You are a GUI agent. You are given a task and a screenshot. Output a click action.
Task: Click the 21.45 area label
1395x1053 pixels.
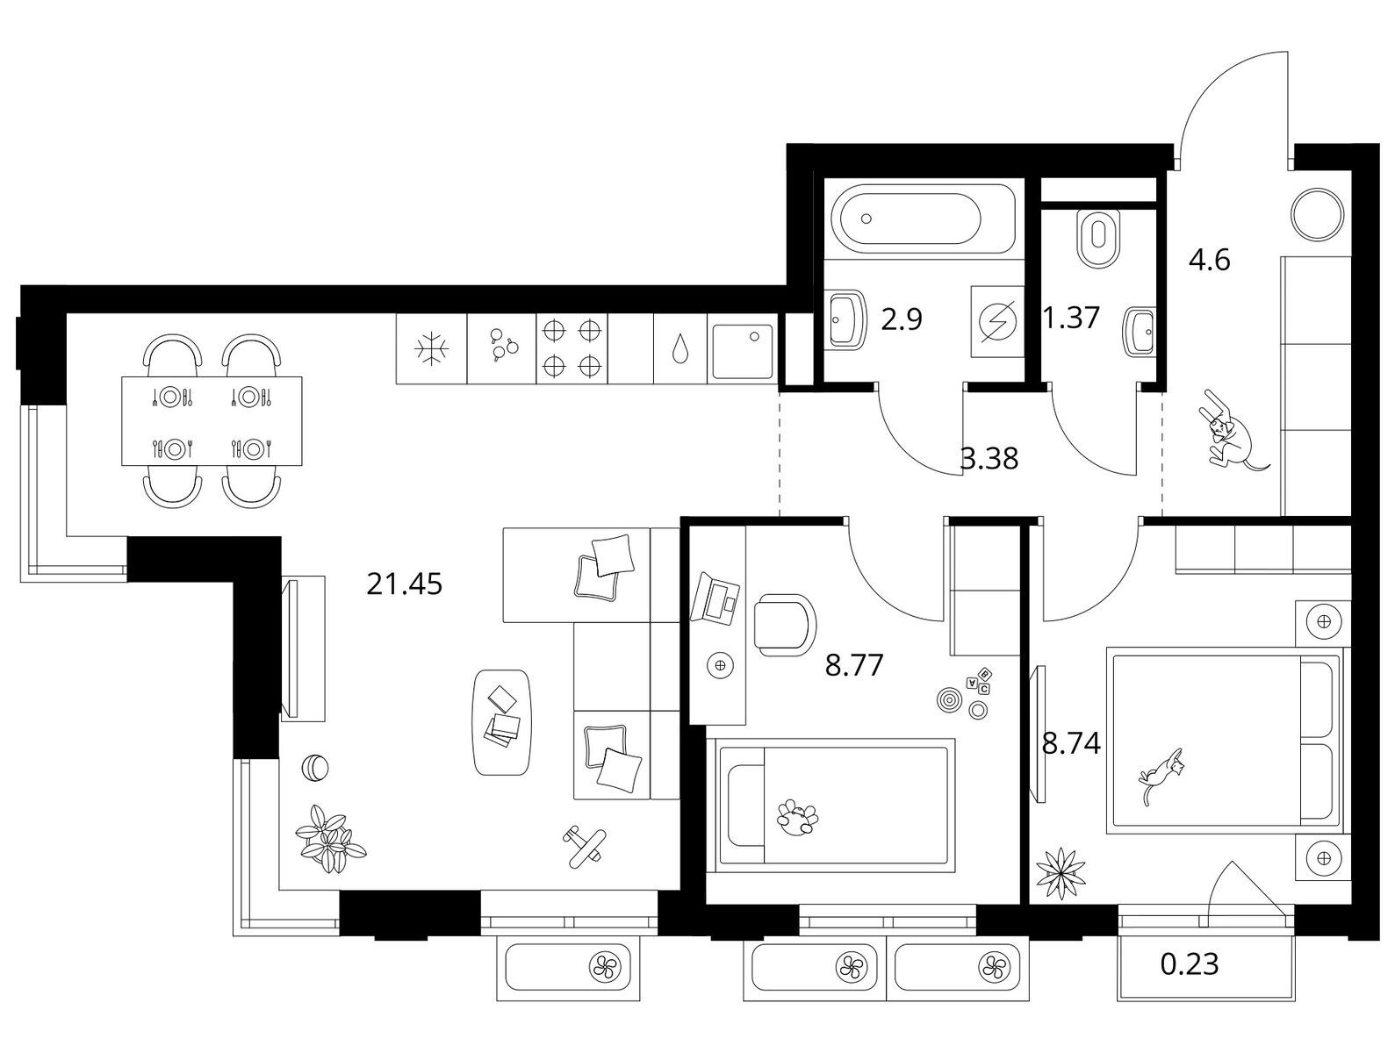point(404,584)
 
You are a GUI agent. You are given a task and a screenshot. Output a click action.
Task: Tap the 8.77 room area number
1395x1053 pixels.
point(854,665)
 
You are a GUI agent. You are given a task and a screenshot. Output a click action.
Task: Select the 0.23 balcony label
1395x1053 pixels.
point(1190,964)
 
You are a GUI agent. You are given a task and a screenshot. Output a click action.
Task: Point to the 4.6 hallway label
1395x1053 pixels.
point(1210,260)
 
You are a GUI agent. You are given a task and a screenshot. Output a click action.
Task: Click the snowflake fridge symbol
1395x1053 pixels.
point(432,348)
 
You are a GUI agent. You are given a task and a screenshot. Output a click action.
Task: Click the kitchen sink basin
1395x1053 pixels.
point(743,351)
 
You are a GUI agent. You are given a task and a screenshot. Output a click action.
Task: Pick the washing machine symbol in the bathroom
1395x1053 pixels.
point(997,321)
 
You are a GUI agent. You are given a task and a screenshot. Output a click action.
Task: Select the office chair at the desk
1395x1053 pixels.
point(784,625)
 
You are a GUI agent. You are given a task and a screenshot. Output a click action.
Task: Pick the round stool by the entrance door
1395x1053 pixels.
point(1318,214)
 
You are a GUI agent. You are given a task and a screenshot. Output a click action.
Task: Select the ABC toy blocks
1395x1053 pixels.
point(979,681)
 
